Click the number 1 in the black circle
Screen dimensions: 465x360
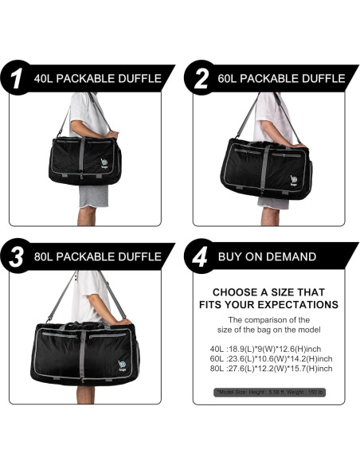18,79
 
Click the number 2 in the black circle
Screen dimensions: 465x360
200,79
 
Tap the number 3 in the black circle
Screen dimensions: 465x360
18,256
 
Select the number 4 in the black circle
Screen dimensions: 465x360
200,256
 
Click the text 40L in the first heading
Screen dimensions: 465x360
46,79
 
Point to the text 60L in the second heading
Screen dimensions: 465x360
229,79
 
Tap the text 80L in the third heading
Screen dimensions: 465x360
46,256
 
